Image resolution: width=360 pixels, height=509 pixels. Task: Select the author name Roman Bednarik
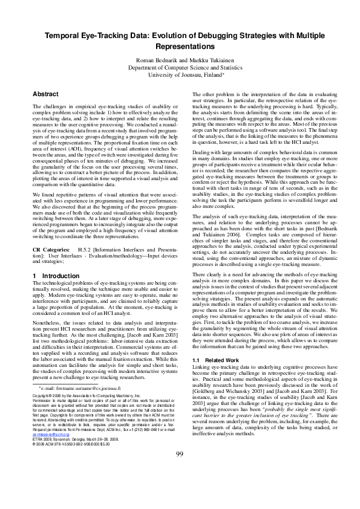(x=156, y=61)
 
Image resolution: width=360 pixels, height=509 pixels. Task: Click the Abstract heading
(x=45, y=94)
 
